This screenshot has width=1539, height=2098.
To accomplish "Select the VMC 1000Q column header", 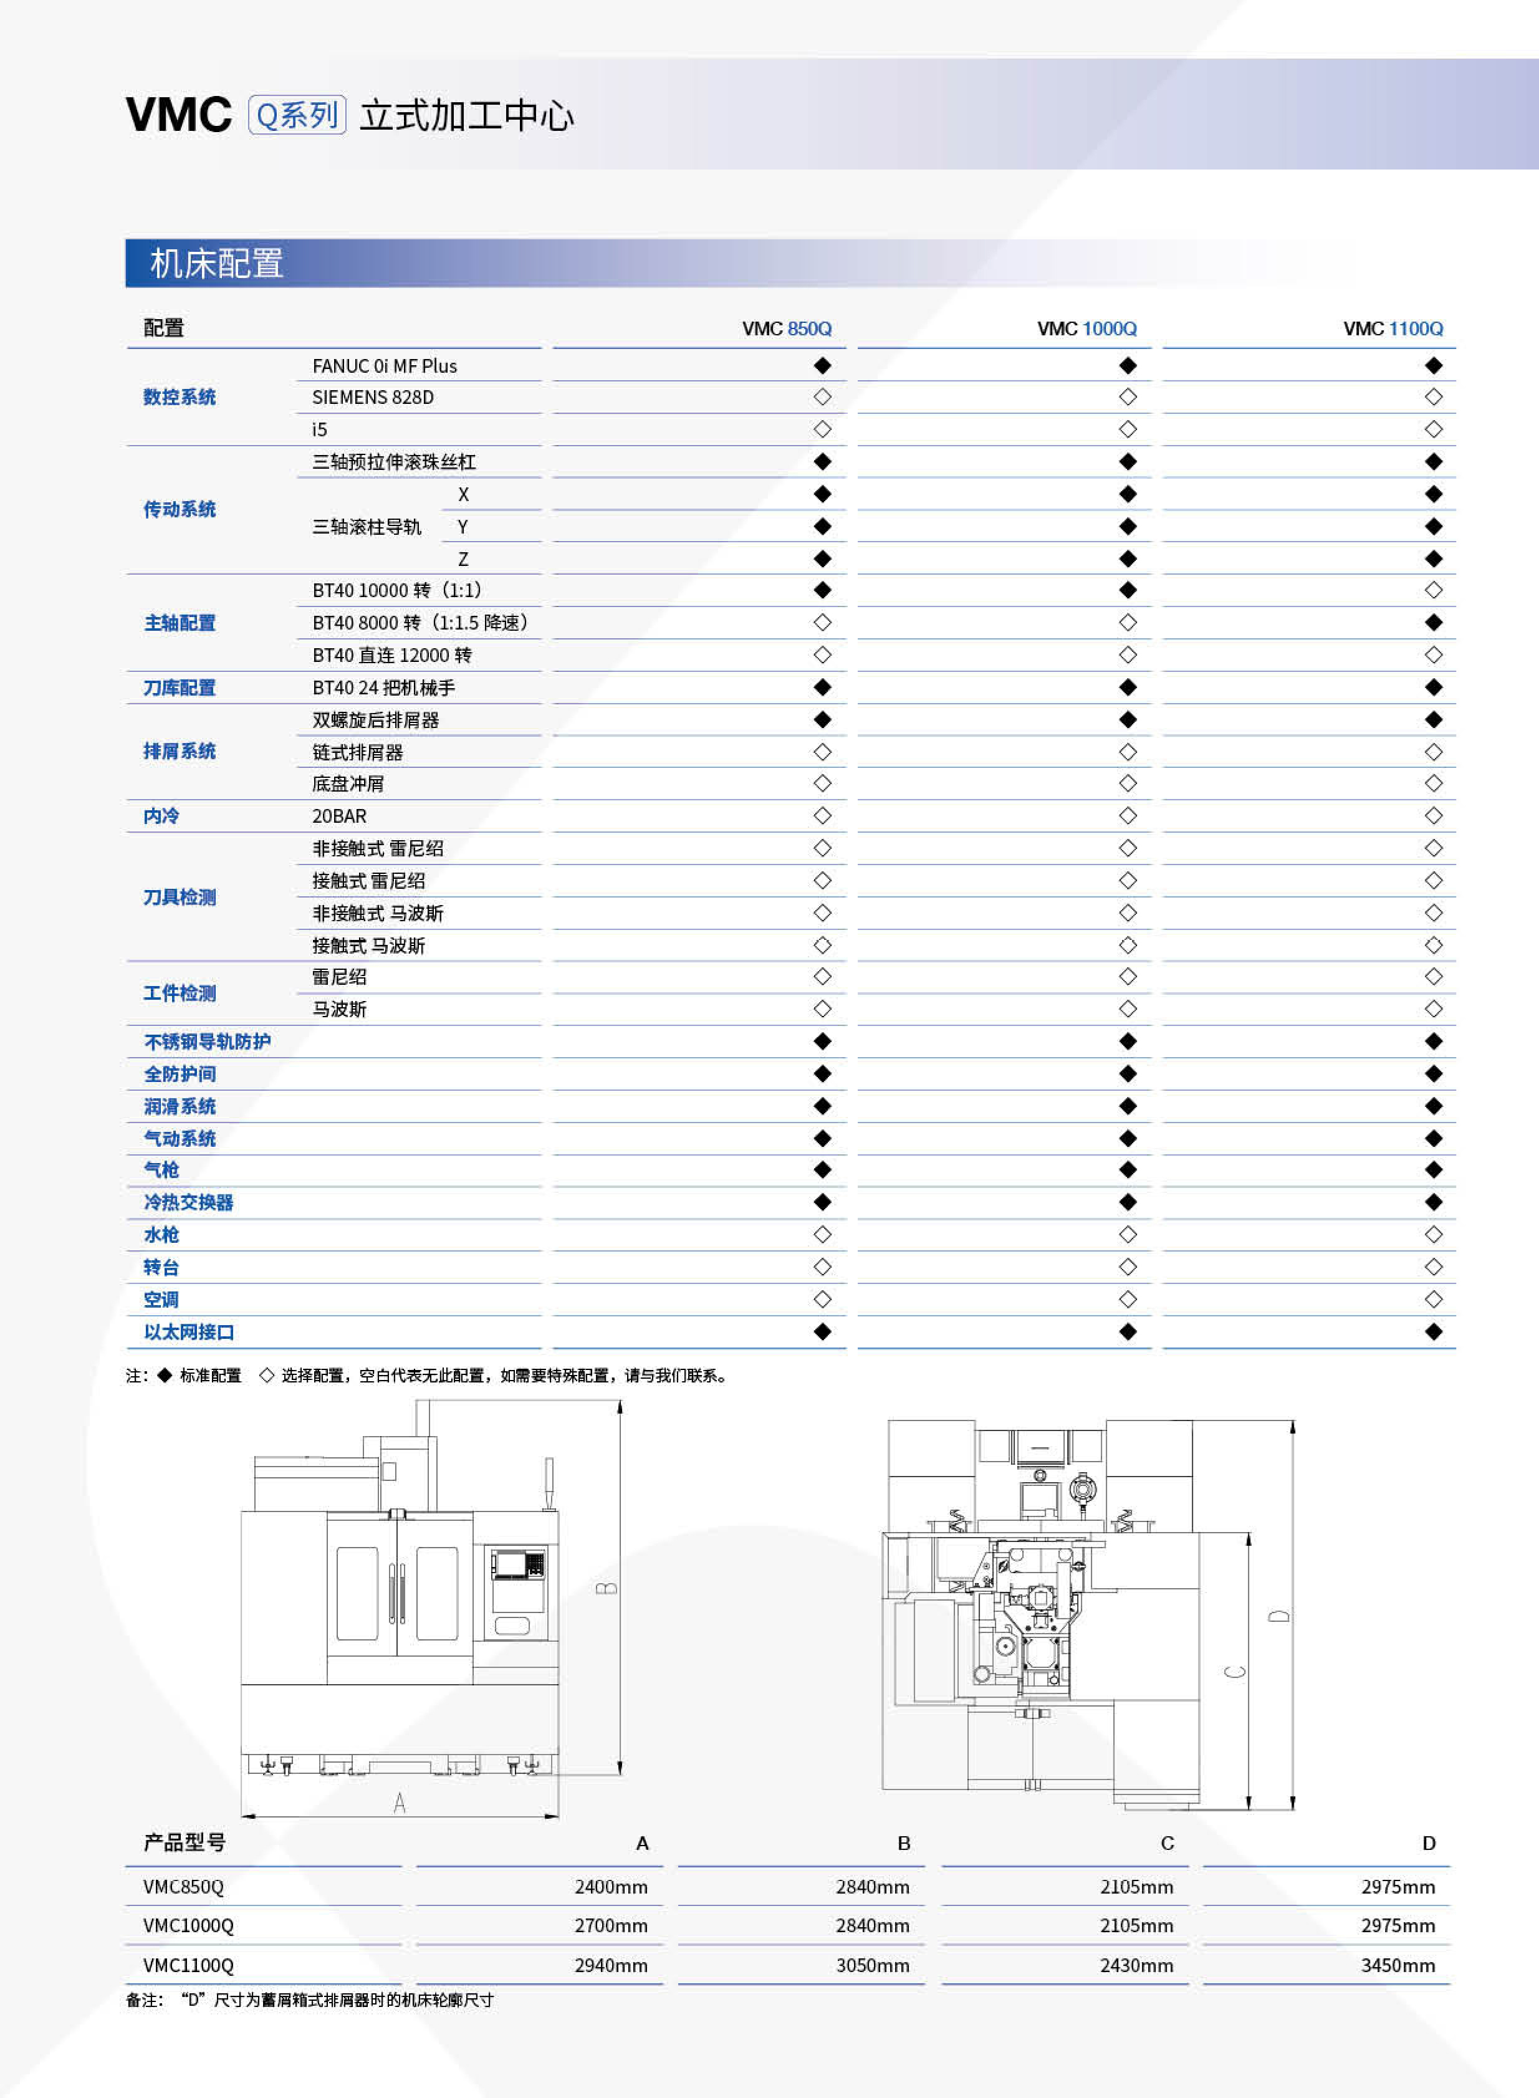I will (1086, 329).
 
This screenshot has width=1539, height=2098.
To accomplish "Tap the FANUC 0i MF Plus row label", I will (384, 366).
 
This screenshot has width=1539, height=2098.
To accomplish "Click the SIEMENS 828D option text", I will (373, 398).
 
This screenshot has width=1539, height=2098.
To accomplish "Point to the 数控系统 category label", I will (179, 398).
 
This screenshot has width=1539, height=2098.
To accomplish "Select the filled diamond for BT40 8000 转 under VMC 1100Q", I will (1433, 622).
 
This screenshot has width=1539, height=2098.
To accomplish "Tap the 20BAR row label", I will (339, 816).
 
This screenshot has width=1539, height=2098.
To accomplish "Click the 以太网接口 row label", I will (188, 1332).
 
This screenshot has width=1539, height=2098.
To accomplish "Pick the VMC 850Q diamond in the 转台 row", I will (822, 1267).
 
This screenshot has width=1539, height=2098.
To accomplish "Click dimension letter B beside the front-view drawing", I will (606, 1588).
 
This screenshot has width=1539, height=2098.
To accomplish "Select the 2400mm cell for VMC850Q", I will (610, 1887).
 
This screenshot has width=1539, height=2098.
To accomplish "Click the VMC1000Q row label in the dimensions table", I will (188, 1925).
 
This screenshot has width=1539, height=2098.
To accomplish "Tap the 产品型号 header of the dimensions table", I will (185, 1842).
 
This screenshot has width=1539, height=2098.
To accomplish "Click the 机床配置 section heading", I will (217, 264).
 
